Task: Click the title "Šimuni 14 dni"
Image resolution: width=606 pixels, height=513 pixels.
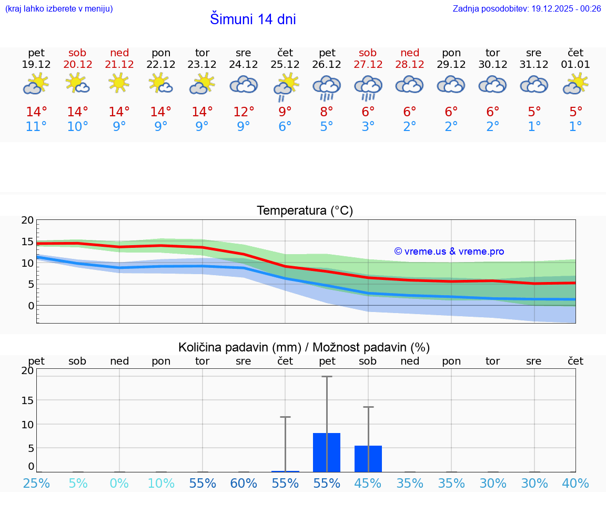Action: [x=252, y=19]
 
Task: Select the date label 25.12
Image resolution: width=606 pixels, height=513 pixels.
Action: [x=285, y=65]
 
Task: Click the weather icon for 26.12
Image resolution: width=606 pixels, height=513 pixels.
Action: [x=327, y=87]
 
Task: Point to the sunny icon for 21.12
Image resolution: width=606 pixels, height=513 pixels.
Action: [x=119, y=83]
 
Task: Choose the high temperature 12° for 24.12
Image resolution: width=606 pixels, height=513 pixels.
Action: [x=244, y=112]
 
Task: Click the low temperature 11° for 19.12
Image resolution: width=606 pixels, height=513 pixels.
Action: [x=36, y=127]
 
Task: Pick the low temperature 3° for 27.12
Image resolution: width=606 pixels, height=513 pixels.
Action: [x=368, y=127]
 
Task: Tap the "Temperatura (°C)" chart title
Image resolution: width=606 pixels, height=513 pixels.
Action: [x=305, y=211]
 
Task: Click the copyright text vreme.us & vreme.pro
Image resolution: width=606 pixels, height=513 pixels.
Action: [x=449, y=252]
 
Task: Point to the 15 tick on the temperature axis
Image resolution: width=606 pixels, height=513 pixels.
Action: [x=27, y=242]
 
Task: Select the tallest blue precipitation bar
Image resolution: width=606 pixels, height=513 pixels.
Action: [x=327, y=452]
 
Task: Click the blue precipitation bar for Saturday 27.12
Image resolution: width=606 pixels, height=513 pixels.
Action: [x=368, y=459]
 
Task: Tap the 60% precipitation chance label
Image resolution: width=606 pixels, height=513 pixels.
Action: [x=244, y=484]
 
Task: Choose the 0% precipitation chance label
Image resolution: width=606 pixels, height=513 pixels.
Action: [x=119, y=484]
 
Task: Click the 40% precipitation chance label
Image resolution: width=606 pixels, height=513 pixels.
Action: [x=575, y=484]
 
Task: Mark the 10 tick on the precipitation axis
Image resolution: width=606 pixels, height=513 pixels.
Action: [x=27, y=425]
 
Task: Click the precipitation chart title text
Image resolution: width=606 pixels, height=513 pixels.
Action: [x=304, y=347]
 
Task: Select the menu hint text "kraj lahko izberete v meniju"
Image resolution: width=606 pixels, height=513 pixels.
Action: [x=59, y=8]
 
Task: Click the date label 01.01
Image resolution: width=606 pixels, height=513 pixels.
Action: [x=575, y=65]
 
